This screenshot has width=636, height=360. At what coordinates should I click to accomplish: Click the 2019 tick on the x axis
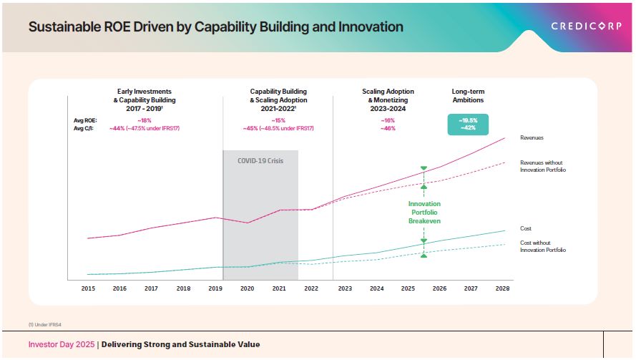pos(215,288)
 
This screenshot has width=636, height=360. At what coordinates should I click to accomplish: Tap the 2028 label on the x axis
pos(503,288)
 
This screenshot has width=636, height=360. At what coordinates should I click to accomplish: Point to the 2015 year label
pos(88,288)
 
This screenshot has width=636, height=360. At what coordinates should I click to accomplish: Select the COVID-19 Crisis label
pos(260,161)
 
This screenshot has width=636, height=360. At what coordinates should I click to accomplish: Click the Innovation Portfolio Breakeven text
pos(424,213)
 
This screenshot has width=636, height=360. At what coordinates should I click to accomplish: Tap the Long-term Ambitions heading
pos(468,96)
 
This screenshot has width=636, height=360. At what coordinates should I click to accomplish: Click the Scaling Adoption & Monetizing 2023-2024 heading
pos(388,100)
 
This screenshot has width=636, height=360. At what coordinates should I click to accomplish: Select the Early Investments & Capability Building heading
pos(146,96)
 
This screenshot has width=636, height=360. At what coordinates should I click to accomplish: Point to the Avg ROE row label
pos(86,121)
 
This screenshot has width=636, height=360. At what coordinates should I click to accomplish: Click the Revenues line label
pos(532,137)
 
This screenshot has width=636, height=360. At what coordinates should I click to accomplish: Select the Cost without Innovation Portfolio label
pos(542,246)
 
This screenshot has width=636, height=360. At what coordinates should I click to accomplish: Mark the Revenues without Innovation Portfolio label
pos(542,166)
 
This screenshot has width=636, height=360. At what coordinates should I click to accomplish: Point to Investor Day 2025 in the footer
pos(62,345)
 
